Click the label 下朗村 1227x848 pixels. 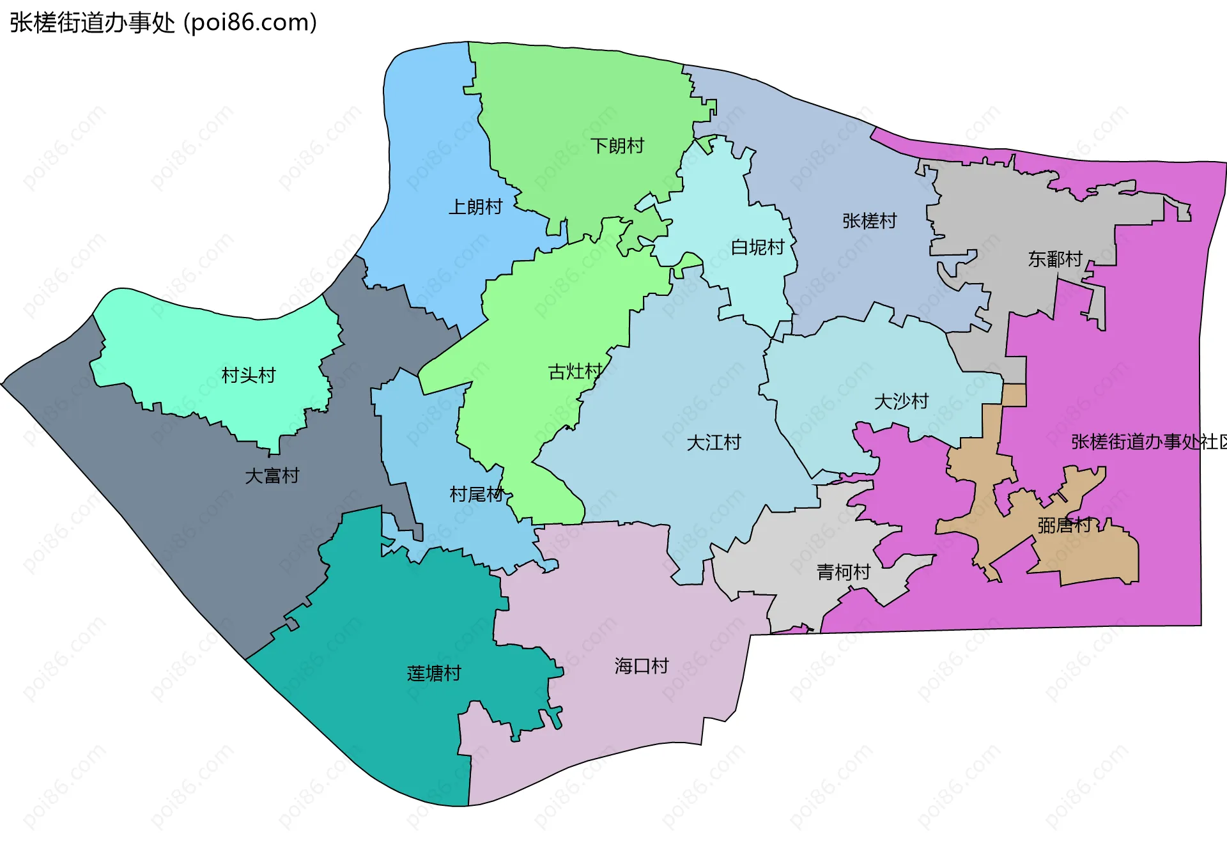coord(617,146)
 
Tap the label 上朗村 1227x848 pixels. coord(475,207)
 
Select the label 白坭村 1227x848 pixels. coord(757,247)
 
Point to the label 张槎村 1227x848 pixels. coord(869,221)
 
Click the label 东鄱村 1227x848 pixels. coord(1054,259)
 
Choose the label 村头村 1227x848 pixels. coord(248,375)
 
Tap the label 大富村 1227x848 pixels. coord(272,475)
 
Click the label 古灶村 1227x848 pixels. coord(575,371)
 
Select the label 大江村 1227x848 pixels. coord(713,442)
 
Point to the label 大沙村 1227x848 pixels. coord(901,401)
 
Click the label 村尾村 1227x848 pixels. coord(477,494)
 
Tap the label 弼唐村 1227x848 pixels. coord(1064,525)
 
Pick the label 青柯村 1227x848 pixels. coord(843,572)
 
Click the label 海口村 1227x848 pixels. coord(641,666)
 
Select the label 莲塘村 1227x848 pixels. coord(433,673)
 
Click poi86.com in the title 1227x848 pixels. coord(250,23)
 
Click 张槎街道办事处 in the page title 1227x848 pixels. coord(92,23)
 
